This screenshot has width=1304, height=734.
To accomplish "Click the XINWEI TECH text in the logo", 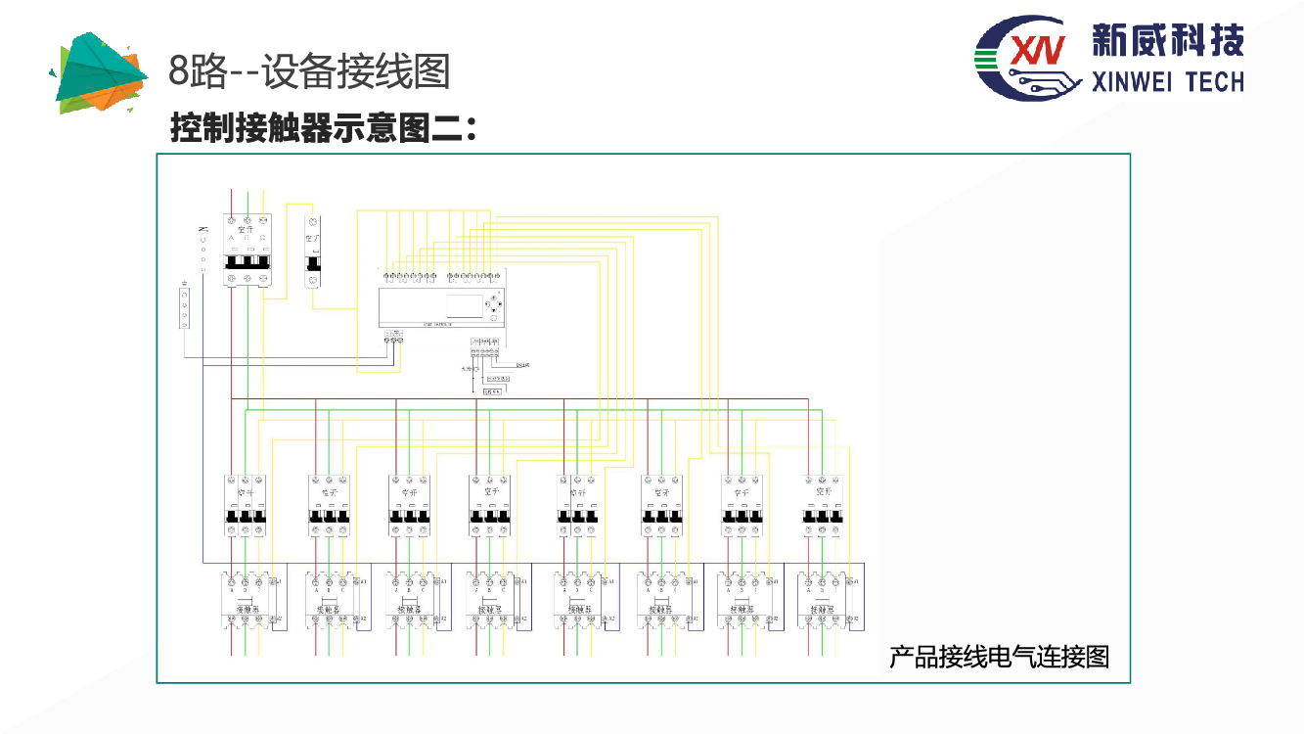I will coord(1165,81).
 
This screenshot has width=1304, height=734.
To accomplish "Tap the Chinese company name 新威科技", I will coord(1167,41).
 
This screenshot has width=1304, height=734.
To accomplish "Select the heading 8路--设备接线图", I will coord(309,70).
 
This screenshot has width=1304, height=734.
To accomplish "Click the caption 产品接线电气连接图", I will coord(999,656).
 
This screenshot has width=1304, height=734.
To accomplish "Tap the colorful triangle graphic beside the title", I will coord(107,71).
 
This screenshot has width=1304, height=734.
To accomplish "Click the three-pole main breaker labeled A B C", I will coord(247,251).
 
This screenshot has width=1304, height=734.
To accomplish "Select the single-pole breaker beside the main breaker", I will coord(313,251).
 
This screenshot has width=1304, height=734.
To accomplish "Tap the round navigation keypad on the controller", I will coord(495,305).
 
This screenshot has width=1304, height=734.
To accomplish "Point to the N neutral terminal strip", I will coord(203,250).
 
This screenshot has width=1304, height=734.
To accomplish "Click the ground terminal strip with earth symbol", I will coord(183,308).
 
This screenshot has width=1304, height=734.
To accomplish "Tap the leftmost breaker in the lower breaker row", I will coord(245,505).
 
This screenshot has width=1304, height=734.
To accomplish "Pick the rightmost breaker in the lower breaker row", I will coord(822,505).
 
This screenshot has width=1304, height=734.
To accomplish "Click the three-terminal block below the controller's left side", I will coord(393,337).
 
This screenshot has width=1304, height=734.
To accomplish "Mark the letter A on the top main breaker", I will coord(232,239).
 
